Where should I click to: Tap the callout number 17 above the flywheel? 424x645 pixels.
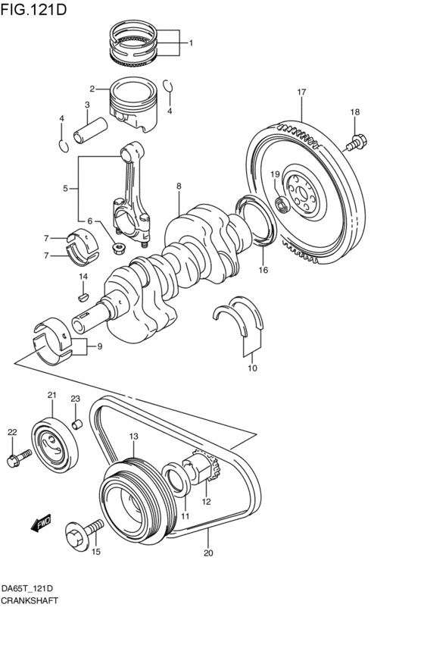point(301,92)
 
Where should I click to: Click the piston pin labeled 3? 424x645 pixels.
point(92,124)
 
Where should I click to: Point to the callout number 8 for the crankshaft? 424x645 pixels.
point(179,186)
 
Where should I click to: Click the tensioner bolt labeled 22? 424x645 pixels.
point(18,456)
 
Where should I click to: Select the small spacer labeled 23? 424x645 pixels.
point(76,422)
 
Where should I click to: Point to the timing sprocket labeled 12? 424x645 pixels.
point(204,471)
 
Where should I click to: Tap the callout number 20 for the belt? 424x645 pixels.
point(208,553)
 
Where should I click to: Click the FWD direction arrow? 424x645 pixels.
point(40,523)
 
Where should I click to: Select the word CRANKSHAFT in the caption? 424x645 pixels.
point(31,599)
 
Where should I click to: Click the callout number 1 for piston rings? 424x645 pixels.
point(191,43)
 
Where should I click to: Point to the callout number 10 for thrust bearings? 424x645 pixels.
point(252,368)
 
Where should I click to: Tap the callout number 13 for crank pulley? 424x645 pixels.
point(133,437)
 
